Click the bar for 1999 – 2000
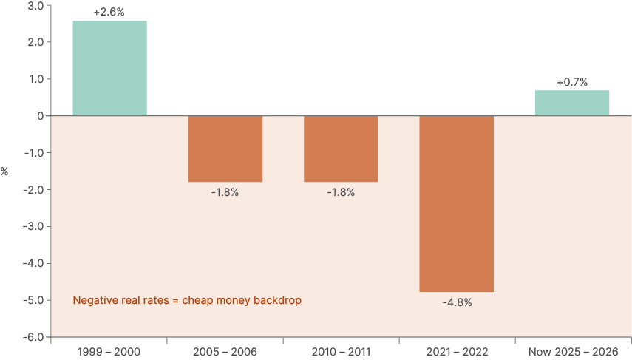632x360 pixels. coord(109,68)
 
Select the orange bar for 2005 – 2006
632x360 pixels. coord(225,149)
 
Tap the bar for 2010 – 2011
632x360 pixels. coord(341,149)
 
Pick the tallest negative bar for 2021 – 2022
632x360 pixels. coord(457,203)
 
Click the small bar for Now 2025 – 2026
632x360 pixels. coord(572,103)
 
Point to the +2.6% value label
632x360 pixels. coord(109,13)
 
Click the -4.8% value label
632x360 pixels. coord(457,302)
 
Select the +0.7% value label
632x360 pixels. coord(572,82)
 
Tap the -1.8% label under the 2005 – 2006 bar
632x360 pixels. coord(225,192)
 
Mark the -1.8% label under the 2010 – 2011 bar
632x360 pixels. coord(341,192)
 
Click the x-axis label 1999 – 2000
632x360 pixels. coord(109,351)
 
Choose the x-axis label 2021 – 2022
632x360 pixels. coord(457,351)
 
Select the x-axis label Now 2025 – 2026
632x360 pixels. coord(572,351)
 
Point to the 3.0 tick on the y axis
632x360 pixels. coord(35,6)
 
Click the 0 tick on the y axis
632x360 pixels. coord(40,116)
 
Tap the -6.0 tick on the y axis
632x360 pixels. coord(33,337)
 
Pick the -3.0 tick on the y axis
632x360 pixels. coord(33,226)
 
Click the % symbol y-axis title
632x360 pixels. coord(4,171)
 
